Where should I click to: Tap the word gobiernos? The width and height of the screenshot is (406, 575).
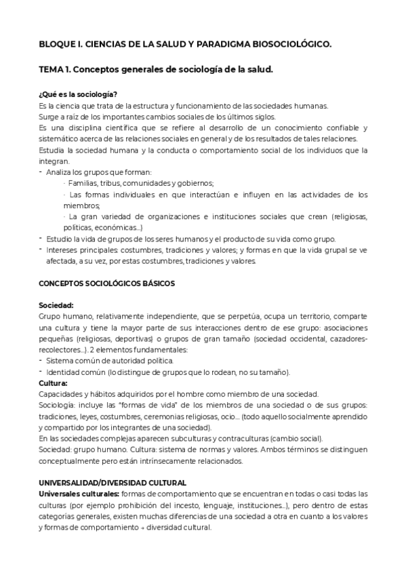point(195,183)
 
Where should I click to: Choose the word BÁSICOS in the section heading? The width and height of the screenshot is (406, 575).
point(157,283)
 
